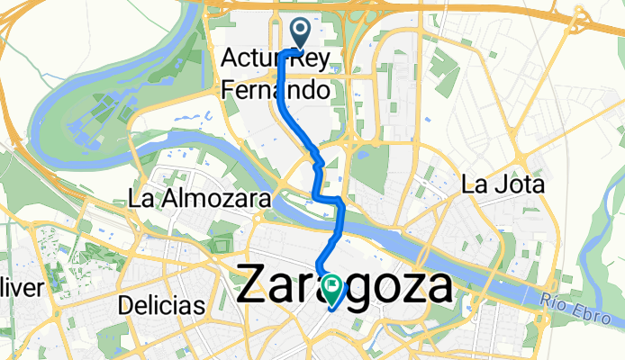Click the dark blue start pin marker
(x=299, y=35)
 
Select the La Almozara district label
(x=200, y=198)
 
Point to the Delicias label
(x=161, y=306)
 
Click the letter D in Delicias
(x=124, y=306)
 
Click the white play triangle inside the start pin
(x=299, y=31)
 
